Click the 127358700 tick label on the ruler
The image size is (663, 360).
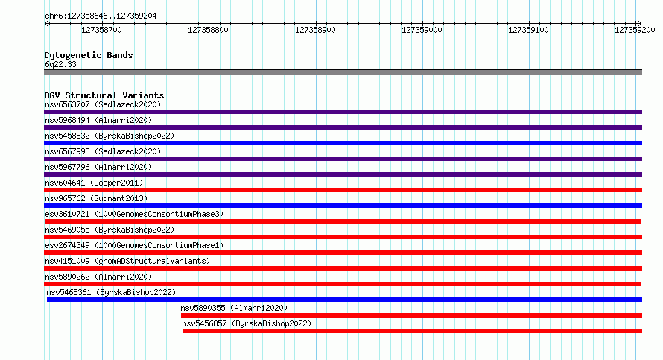click(x=101, y=30)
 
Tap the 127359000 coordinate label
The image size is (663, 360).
click(x=422, y=30)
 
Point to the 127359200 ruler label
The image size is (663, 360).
click(x=635, y=30)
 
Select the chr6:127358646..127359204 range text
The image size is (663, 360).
click(x=101, y=16)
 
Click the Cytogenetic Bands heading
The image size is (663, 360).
click(x=89, y=55)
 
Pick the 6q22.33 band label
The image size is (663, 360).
click(x=60, y=64)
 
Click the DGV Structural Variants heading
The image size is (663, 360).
click(x=104, y=95)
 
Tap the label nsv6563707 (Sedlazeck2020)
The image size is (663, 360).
click(x=103, y=104)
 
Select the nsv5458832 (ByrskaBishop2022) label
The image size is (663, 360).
click(x=110, y=136)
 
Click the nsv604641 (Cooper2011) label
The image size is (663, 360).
click(x=94, y=183)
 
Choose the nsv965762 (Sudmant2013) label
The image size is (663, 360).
click(x=96, y=198)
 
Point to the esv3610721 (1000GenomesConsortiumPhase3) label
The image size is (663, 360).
click(x=134, y=214)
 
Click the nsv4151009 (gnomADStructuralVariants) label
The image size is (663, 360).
click(x=127, y=261)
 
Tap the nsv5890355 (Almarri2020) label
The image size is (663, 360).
click(x=234, y=308)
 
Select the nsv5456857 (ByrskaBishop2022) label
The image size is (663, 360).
click(x=247, y=323)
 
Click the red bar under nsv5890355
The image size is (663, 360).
click(x=411, y=315)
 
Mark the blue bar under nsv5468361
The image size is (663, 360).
click(x=344, y=300)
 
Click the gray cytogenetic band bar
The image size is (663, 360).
click(x=343, y=72)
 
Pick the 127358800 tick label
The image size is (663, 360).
click(x=208, y=30)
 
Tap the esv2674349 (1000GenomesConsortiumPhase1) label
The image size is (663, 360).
click(x=134, y=245)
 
